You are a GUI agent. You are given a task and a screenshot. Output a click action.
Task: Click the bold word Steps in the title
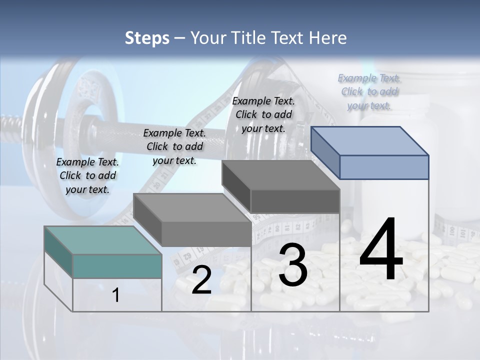(147, 38)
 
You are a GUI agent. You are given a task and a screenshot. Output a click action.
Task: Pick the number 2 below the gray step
(201, 280)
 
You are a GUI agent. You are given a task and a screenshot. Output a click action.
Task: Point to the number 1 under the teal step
(115, 295)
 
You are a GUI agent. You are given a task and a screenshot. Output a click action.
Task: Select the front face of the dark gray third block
(295, 201)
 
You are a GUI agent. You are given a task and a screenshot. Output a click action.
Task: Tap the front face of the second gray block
(206, 234)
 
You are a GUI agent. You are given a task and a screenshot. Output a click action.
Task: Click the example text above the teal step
(87, 176)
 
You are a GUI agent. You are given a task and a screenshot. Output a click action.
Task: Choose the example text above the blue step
(369, 92)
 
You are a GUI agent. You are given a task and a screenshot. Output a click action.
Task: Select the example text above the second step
(174, 147)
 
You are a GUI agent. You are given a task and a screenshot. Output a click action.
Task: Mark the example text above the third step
(263, 115)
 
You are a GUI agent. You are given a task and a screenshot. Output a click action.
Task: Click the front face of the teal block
(117, 266)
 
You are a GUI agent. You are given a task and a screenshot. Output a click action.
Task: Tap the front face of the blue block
(384, 167)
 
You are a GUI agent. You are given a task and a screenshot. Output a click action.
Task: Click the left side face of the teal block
(58, 251)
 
